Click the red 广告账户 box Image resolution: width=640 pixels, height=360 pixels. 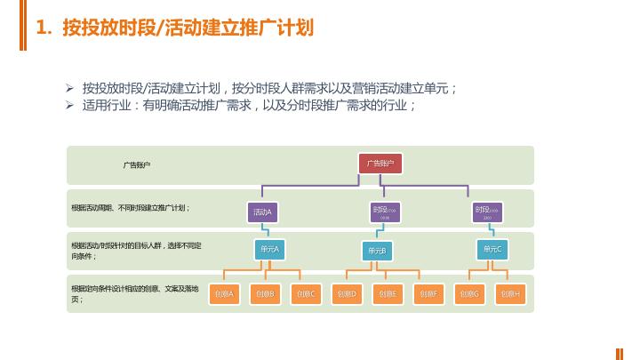click(380, 164)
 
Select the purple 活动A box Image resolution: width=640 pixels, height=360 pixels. click(262, 212)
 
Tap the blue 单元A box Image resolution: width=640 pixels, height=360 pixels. click(269, 250)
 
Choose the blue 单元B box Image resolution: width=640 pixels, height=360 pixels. click(377, 252)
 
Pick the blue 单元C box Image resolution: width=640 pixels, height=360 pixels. click(492, 250)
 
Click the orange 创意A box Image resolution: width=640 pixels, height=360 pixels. click(224, 293)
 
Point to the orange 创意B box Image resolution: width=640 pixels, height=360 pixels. click(265, 293)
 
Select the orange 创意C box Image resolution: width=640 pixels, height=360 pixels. click(306, 293)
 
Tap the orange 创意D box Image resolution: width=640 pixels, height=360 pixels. click(347, 293)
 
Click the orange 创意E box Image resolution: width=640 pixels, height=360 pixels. click(388, 293)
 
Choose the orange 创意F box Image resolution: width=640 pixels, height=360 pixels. click(428, 293)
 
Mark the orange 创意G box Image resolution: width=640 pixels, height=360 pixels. click(469, 293)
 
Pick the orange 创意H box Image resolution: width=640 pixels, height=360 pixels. click(510, 293)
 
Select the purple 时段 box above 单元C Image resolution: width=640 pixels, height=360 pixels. click(487, 212)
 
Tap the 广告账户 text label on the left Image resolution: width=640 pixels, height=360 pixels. click(136, 164)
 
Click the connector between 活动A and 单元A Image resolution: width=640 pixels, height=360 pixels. click(268, 231)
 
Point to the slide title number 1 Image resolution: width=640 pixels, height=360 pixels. click(41, 28)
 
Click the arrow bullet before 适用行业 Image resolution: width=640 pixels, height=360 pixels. click(70, 105)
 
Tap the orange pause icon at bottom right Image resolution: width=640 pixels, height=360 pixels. click(620, 353)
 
